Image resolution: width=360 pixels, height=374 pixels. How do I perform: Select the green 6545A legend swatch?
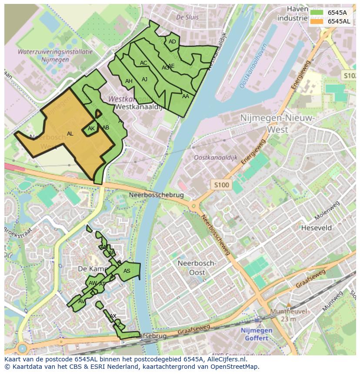point(317,13)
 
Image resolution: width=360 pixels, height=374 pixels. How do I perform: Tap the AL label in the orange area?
point(70,134)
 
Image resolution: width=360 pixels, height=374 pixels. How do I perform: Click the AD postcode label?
point(172,42)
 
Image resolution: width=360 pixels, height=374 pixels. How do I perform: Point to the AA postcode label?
point(186,96)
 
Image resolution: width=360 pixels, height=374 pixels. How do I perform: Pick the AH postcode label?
point(129,81)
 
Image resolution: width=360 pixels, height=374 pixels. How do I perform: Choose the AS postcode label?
point(127,271)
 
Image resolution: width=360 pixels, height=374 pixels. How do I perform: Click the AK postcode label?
point(91,129)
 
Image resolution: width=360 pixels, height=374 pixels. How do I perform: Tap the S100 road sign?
point(221,185)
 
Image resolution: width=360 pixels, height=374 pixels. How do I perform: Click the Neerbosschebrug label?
point(157,195)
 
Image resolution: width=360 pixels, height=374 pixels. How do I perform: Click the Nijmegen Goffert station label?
point(257,334)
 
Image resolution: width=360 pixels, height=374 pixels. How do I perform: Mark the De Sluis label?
point(187,17)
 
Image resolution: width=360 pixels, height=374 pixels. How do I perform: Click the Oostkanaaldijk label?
point(216,158)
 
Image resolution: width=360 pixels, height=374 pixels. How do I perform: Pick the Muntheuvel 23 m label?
point(288,315)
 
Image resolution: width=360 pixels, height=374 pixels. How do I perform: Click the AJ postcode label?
point(145,79)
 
